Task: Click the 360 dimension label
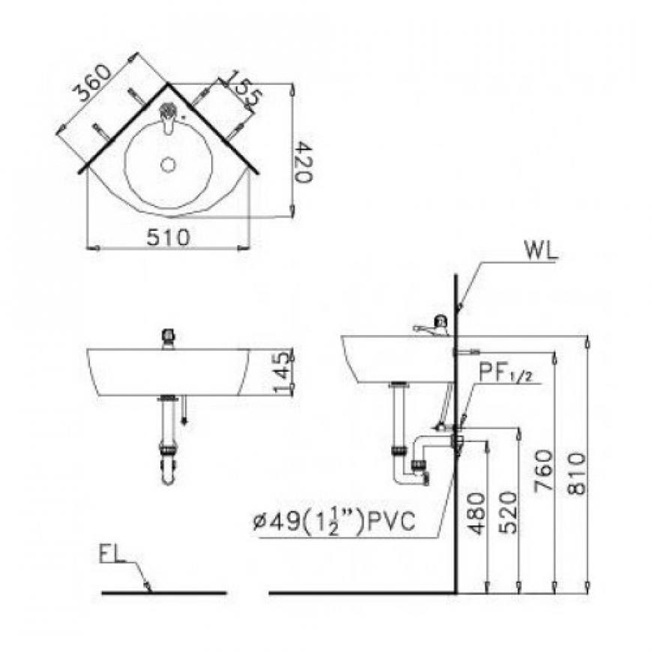point(92,83)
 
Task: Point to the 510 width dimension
point(169,238)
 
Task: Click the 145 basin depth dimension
point(283,372)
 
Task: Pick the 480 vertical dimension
point(476,513)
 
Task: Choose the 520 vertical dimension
point(508,513)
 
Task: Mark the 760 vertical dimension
point(544,470)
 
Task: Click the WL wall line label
point(540,251)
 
